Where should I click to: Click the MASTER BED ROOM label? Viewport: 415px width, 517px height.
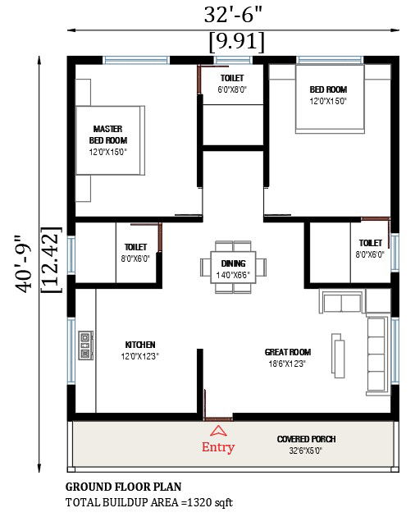coord(108,135)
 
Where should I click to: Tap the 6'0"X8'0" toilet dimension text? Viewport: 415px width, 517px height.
coord(232,89)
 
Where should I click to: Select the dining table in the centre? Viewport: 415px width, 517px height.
coord(234,267)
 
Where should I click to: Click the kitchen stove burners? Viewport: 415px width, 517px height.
coord(85,345)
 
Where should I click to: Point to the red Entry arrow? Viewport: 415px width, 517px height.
coord(218,430)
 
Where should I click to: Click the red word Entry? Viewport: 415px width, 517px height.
coord(218,447)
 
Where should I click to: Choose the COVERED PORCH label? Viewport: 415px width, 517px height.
coord(306,439)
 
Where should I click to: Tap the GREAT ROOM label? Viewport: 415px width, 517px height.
coord(288,352)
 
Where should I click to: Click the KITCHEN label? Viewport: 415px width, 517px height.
coord(140,345)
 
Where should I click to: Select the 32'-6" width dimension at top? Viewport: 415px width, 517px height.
coord(233,15)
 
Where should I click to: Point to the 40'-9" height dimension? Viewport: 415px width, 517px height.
coord(23,263)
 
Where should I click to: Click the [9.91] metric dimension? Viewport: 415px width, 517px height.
coord(237,42)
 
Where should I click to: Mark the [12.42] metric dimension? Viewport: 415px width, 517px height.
coord(51,260)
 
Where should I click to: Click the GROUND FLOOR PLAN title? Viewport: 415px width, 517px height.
coord(124,487)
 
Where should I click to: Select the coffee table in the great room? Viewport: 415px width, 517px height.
coord(338,356)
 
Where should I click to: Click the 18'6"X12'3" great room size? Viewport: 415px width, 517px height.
coord(287,364)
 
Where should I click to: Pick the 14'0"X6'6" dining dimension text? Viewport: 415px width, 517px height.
coord(233,275)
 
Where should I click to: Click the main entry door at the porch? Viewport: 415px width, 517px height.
coord(217,419)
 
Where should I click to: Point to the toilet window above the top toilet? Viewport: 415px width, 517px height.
coord(234,61)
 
